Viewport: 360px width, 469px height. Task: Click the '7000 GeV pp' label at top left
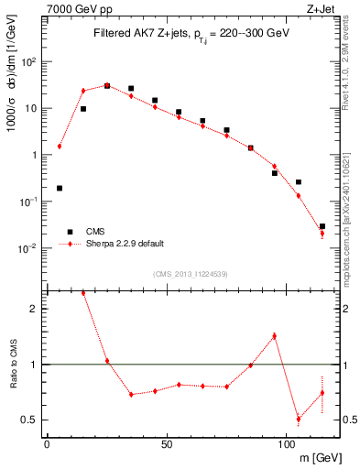78,9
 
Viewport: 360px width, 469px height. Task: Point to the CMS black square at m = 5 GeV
60,188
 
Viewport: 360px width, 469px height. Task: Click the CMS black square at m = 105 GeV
298,182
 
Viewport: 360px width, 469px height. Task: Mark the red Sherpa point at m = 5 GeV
60,146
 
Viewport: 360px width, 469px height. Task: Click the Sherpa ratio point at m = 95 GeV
274,336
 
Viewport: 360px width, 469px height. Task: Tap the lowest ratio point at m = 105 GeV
298,420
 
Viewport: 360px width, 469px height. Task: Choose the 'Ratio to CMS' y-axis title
15,364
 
